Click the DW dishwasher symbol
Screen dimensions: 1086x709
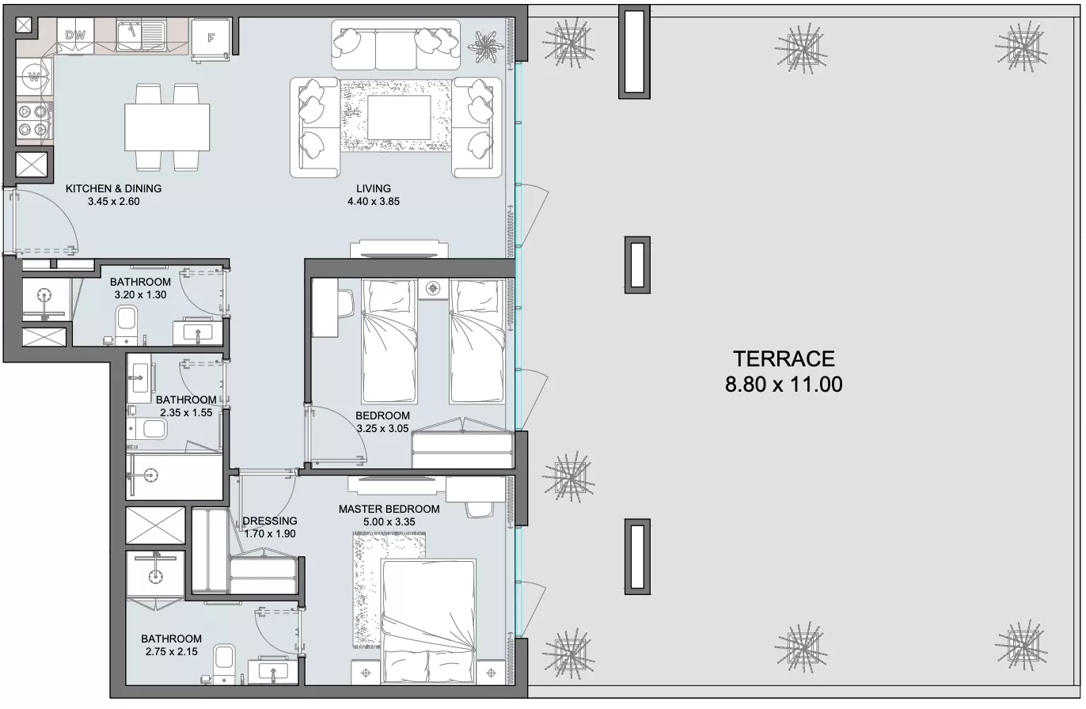75,36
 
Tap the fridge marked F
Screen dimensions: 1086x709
211,38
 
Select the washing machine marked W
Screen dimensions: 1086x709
34,77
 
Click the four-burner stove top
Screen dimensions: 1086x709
33,120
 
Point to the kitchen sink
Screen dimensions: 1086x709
142,36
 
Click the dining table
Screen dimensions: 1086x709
167,127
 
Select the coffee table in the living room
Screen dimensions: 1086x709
398,117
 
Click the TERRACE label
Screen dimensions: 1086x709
784,359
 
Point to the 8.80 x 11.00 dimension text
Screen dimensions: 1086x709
784,385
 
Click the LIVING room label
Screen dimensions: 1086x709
374,188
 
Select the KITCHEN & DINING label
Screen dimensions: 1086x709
113,188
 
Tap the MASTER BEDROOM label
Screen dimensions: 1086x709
389,509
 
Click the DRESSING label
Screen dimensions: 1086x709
270,521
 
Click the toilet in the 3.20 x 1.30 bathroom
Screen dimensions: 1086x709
127,324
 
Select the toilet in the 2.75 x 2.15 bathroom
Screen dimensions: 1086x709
225,663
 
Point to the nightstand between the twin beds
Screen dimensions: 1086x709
433,289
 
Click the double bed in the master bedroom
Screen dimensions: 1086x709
427,621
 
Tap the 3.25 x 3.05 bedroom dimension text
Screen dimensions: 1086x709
382,428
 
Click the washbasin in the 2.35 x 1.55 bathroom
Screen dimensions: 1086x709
139,378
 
